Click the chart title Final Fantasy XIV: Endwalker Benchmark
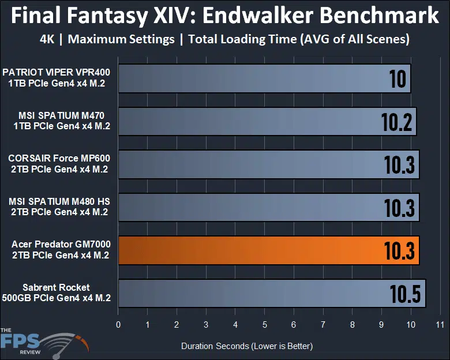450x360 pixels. pyautogui.click(x=225, y=16)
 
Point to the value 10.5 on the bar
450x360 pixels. pyautogui.click(x=406, y=294)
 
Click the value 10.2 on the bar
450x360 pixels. pyautogui.click(x=397, y=122)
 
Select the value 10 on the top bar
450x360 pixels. pyautogui.click(x=397, y=78)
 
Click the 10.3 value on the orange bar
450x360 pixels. pyautogui.click(x=400, y=251)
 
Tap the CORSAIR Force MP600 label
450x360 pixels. pyautogui.click(x=58, y=164)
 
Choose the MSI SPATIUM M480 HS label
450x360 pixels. pyautogui.click(x=58, y=207)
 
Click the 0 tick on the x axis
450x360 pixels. pyautogui.click(x=118, y=325)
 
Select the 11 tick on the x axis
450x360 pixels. pyautogui.click(x=440, y=325)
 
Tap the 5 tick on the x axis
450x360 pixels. pyautogui.click(x=264, y=325)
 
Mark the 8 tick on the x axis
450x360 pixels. pyautogui.click(x=352, y=325)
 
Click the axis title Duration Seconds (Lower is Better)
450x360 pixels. pyautogui.click(x=247, y=346)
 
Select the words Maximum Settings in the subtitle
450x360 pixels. pyautogui.click(x=125, y=40)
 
